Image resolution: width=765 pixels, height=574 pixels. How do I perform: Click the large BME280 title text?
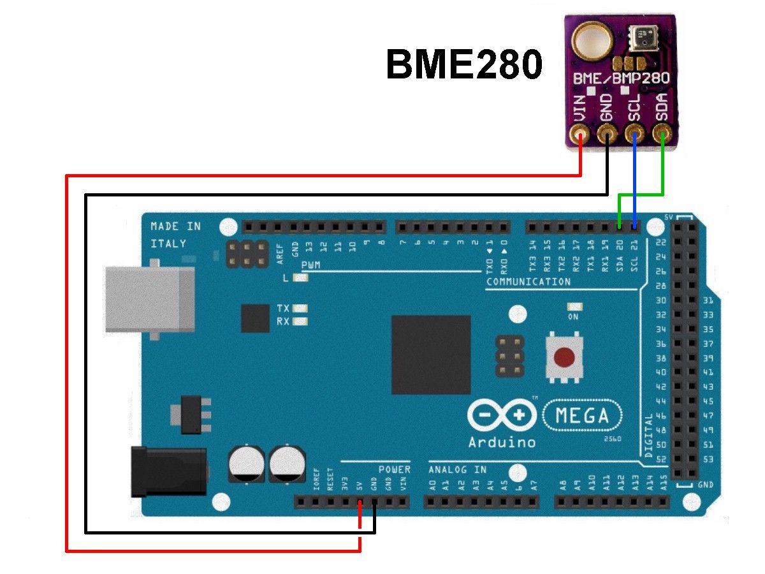[x=464, y=66]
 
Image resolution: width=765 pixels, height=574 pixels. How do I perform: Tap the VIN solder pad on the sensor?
[x=580, y=135]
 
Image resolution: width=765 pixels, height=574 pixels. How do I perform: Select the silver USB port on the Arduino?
[x=149, y=299]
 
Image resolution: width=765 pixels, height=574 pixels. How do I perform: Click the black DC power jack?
[x=168, y=472]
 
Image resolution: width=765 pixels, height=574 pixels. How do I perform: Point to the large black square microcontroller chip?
[x=431, y=355]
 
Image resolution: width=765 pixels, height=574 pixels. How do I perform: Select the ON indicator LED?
[x=573, y=307]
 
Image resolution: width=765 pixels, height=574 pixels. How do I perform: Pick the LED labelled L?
[x=301, y=278]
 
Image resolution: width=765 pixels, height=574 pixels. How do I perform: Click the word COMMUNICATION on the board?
[x=528, y=282]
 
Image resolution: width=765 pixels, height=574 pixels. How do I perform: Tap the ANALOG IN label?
[x=457, y=469]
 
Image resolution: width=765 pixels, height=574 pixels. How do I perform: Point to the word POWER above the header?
[x=395, y=469]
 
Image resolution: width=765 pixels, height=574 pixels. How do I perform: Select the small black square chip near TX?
[x=255, y=318]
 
